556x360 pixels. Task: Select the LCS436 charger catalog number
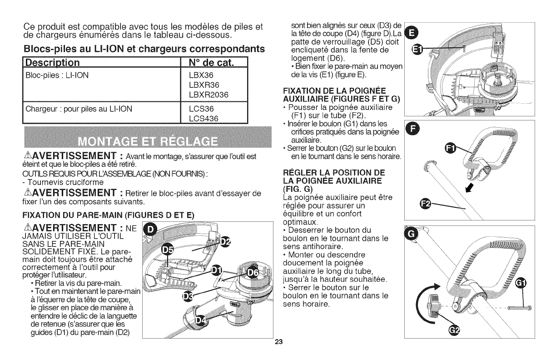(203, 118)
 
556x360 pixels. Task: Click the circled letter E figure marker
(411, 33)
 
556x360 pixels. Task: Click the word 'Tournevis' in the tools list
(31, 182)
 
